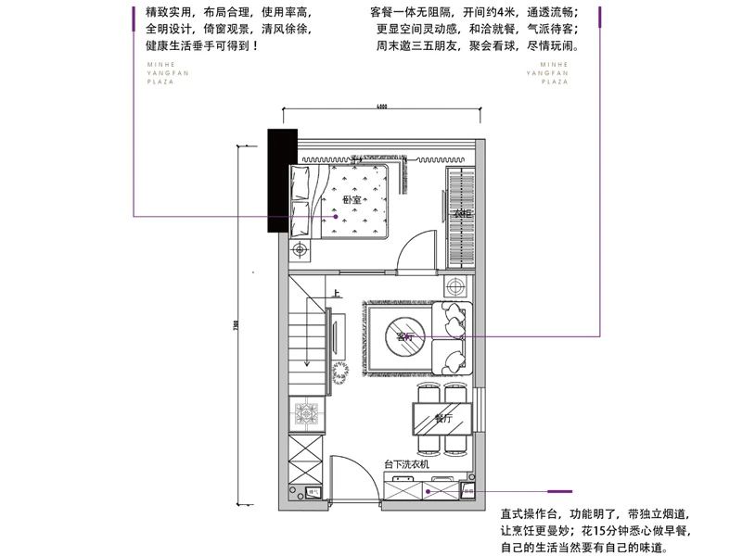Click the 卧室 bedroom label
[351, 200]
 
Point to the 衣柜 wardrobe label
[459, 214]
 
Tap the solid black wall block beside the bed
[281, 181]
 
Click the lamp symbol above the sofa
[454, 285]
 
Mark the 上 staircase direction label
[335, 295]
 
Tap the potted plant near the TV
[340, 369]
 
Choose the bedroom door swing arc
[411, 243]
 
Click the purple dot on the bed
[324, 217]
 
